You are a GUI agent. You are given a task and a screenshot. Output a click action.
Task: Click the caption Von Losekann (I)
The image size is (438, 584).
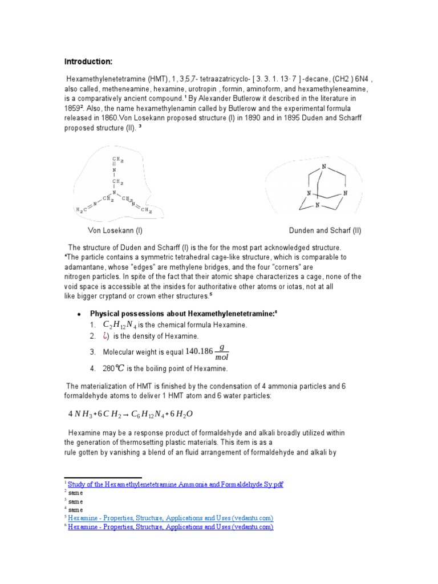click(115, 231)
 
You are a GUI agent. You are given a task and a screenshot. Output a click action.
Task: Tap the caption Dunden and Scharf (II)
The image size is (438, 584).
click(325, 231)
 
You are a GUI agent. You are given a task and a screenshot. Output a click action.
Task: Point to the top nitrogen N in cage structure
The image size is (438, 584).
click(324, 167)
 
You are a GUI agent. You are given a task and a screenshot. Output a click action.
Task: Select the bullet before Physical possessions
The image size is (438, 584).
click(78, 314)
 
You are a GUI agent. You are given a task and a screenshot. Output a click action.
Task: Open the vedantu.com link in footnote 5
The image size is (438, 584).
click(171, 518)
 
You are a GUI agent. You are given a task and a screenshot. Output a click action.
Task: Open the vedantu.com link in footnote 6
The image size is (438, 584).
click(171, 527)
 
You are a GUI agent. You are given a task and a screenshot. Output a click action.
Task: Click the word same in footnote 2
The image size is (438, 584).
click(75, 493)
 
